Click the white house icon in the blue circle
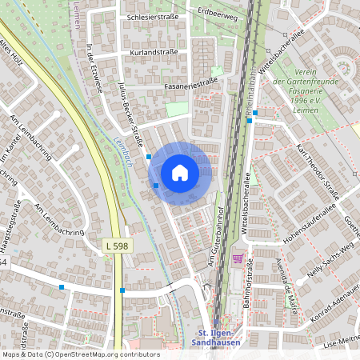(x=180, y=173)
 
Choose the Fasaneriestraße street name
(x=191, y=82)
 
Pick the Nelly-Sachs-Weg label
(x=326, y=257)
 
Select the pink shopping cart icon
(x=238, y=258)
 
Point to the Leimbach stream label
(x=122, y=149)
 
